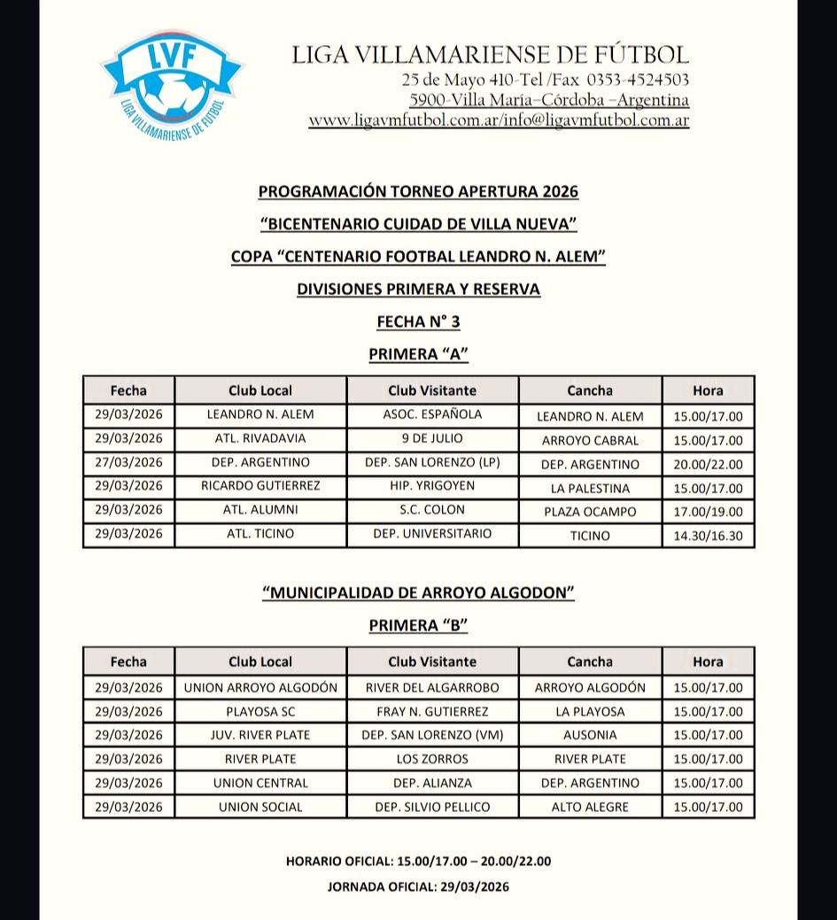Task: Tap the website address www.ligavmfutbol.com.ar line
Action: tap(499, 121)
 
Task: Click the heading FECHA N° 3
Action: tap(418, 321)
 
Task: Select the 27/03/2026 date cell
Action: tap(128, 462)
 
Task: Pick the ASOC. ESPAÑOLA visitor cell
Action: tap(432, 414)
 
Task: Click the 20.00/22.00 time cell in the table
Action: tap(708, 464)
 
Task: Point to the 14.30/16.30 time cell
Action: tap(708, 535)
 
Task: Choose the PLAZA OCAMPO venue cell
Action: tap(590, 512)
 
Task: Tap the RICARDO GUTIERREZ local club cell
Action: tap(260, 486)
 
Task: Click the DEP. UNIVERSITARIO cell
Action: tap(432, 534)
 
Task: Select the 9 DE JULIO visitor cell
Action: tap(432, 438)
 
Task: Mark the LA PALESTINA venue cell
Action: tap(590, 488)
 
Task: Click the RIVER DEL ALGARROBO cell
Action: tap(432, 687)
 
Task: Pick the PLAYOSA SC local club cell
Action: tap(260, 711)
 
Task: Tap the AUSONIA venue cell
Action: tap(590, 735)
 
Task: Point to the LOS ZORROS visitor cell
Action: tap(432, 759)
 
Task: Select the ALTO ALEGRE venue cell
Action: tap(590, 807)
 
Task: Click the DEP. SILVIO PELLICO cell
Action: tap(432, 807)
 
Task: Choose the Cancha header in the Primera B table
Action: tap(590, 661)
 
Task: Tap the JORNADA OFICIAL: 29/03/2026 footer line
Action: tap(418, 886)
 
